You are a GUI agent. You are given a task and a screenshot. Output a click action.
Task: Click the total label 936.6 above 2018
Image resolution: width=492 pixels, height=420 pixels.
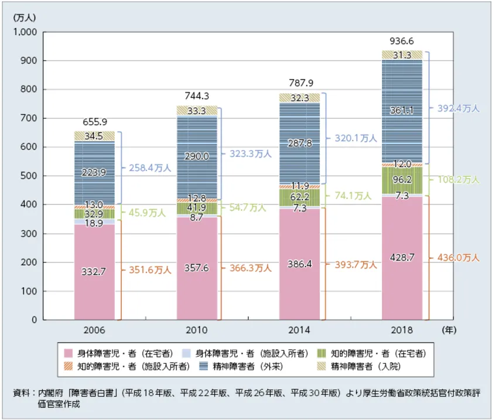coord(402,41)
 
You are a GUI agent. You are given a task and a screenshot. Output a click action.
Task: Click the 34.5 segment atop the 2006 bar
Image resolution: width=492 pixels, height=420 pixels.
coord(95,136)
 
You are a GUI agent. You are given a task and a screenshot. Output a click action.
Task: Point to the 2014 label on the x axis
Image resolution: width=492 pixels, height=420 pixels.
coord(299,330)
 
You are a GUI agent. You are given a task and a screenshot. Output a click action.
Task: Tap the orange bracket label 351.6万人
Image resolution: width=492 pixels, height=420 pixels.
coord(146,270)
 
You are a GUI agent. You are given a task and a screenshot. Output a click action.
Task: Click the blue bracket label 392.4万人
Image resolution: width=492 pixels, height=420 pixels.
coord(459,108)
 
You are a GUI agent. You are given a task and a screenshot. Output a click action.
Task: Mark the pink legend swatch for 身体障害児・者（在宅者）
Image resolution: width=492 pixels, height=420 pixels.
coord(68,353)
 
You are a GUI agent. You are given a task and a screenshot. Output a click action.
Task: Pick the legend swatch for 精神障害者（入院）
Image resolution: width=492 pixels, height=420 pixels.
coord(321,367)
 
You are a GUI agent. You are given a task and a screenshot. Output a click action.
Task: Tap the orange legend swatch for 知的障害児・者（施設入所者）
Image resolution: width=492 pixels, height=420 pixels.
coord(68,367)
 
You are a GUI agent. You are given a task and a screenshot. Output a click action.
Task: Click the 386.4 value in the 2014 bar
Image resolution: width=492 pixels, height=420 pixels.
coord(299,264)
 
